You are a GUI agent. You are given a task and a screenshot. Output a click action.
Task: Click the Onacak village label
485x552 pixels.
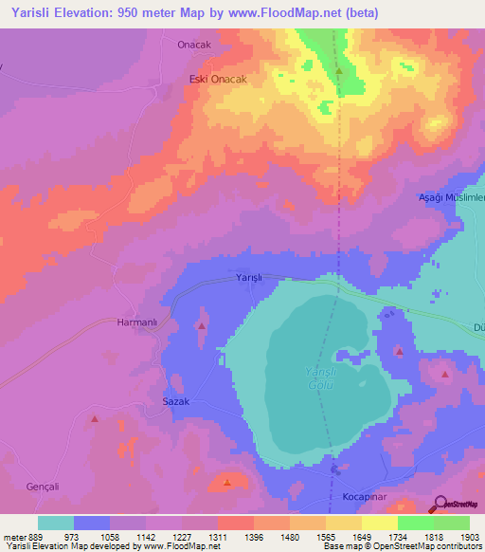(x=195, y=45)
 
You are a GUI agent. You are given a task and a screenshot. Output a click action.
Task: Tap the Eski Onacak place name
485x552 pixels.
(x=218, y=80)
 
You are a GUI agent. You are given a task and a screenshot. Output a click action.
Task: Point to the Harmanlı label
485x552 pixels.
(x=135, y=322)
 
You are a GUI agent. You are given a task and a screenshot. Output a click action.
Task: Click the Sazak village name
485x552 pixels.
(x=176, y=402)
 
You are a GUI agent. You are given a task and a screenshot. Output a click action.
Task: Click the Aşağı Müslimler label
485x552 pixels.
(x=452, y=197)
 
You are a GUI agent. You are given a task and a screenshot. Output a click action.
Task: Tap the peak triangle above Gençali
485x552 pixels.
(x=94, y=418)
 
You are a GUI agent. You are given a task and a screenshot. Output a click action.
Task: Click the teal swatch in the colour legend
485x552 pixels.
(x=56, y=523)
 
